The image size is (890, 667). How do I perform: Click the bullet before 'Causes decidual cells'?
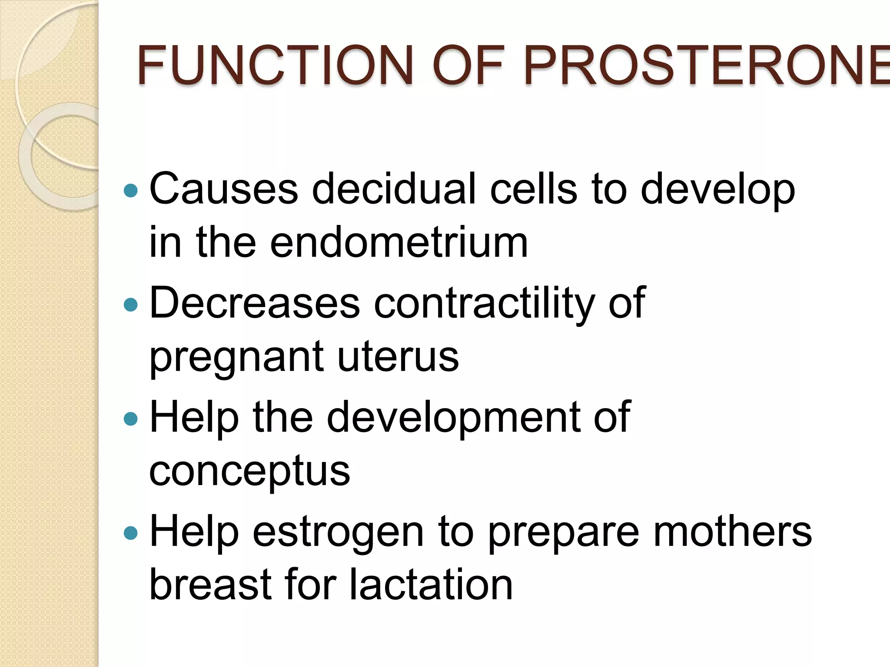coord(130,190)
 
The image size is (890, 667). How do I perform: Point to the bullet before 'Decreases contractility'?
coord(130,304)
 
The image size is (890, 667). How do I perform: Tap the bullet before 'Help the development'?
coord(130,419)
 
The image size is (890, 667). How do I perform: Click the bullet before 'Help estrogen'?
coord(130,533)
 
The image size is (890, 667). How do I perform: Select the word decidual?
coord(394,188)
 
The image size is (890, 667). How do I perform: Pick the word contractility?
coord(484,303)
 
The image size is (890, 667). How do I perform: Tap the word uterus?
coord(398,357)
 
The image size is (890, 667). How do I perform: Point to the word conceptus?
coord(249,471)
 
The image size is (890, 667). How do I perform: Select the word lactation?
coord(431,584)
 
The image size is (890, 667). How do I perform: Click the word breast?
coord(210,584)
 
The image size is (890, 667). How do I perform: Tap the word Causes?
coord(224,188)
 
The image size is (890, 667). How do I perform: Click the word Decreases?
coord(255,303)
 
